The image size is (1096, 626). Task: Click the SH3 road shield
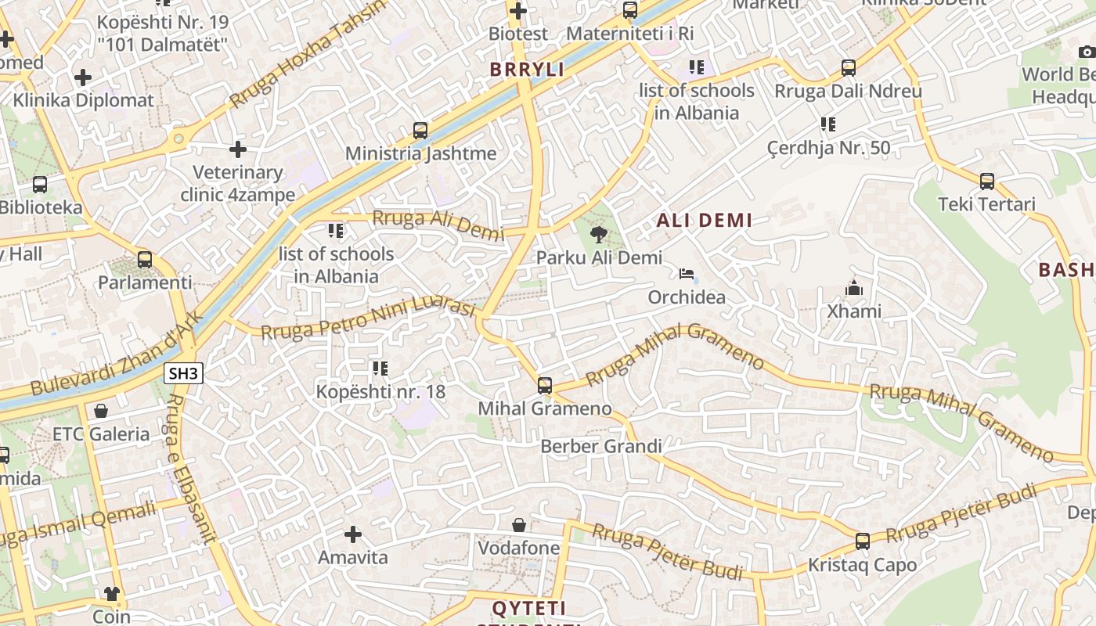point(183,373)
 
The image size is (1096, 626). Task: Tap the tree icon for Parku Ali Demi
point(599,234)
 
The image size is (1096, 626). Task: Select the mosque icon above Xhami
point(853,288)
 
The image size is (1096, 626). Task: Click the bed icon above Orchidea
point(687,274)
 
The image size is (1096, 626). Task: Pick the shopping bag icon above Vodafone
point(518,524)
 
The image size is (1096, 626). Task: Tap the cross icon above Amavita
point(353,534)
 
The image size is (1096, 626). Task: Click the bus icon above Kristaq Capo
point(862,541)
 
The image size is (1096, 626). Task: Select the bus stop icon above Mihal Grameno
point(544,385)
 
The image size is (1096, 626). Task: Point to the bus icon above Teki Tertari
point(986,182)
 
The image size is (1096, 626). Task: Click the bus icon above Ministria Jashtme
point(420,130)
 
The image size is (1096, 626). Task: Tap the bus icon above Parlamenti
point(144,259)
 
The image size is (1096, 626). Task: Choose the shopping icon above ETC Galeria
point(100,410)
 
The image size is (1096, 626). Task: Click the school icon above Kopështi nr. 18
point(380,368)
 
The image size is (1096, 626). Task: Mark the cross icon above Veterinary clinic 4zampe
point(238,149)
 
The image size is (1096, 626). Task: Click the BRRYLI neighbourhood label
point(527,69)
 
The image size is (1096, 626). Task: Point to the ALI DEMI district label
point(704,221)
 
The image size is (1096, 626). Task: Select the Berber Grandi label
point(601,446)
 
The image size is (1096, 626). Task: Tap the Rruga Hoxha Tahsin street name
point(308,55)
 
